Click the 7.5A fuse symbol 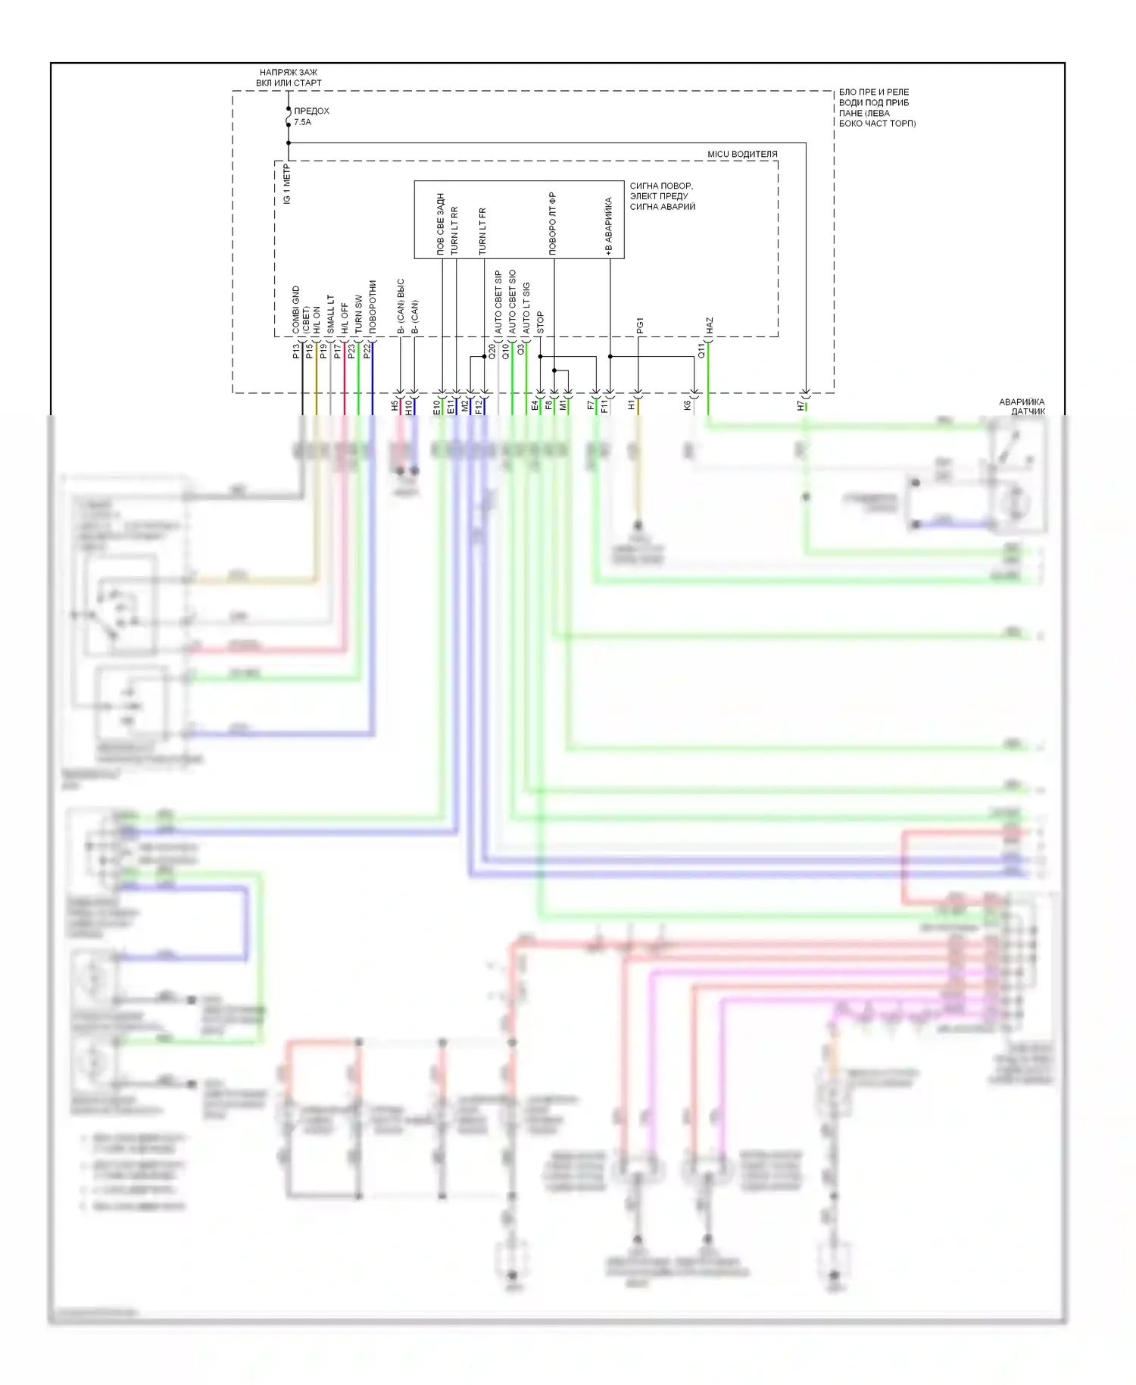coord(289,119)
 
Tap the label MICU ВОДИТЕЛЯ coord(741,154)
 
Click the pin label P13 coord(295,351)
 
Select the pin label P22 coord(367,351)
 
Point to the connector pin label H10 coord(409,408)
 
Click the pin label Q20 coord(492,351)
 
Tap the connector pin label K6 coord(688,406)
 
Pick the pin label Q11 coord(701,351)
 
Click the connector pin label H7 coord(801,406)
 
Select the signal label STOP coord(540,323)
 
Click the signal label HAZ coord(710,326)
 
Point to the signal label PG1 coord(640,326)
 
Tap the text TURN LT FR coord(482,231)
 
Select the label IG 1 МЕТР coord(286,184)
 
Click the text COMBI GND coord(296,310)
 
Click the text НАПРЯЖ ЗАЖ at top coord(288,73)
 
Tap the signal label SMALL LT coord(330,314)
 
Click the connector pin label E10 coord(437,408)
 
